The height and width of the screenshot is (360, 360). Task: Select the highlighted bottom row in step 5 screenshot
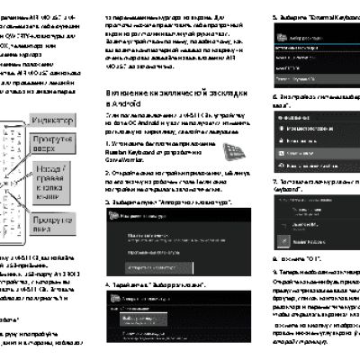click(306, 55)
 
